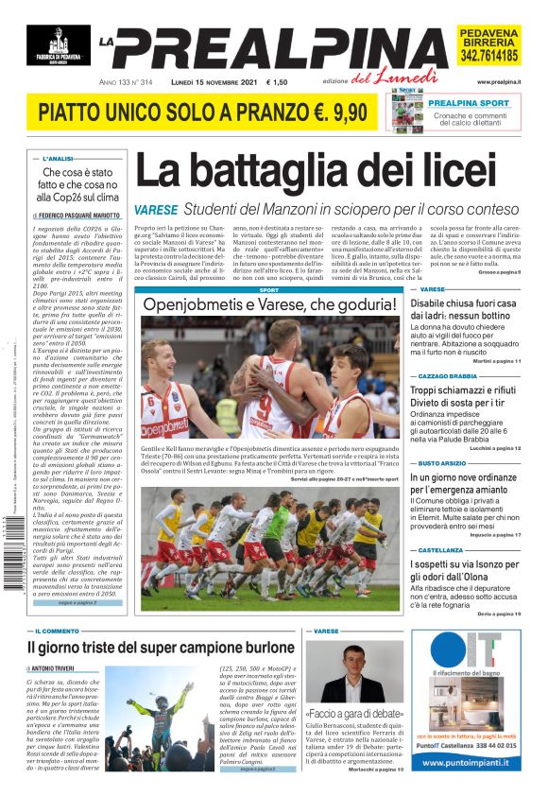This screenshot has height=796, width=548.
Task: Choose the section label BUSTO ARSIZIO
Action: pyautogui.click(x=443, y=463)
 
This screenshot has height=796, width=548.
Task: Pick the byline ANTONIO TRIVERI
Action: pyautogui.click(x=60, y=668)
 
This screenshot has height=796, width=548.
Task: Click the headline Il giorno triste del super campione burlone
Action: pyautogui.click(x=161, y=648)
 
